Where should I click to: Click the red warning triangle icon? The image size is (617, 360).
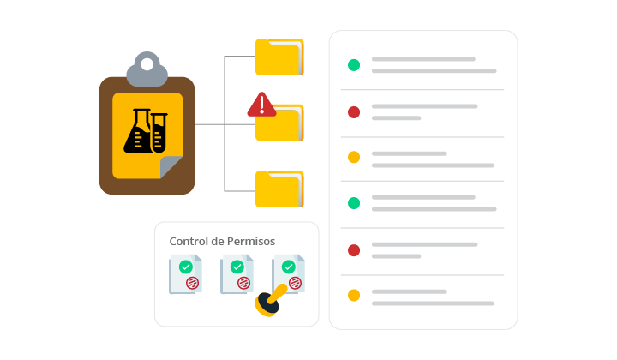[261, 105]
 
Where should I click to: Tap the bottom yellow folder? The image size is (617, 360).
[279, 189]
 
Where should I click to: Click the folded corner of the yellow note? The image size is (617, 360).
[171, 168]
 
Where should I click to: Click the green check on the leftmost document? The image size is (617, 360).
[185, 267]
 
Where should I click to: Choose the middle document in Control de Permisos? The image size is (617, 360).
[237, 274]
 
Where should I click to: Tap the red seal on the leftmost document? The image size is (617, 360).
[192, 283]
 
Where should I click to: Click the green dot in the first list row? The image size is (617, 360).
[353, 65]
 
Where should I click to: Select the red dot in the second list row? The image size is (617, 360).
[353, 111]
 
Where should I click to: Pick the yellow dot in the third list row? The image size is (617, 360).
[353, 158]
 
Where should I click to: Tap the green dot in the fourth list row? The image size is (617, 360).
[353, 203]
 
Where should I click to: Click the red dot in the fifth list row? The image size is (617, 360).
[353, 249]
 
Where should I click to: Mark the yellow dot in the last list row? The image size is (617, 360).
[353, 296]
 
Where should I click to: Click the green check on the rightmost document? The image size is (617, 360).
[289, 267]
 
